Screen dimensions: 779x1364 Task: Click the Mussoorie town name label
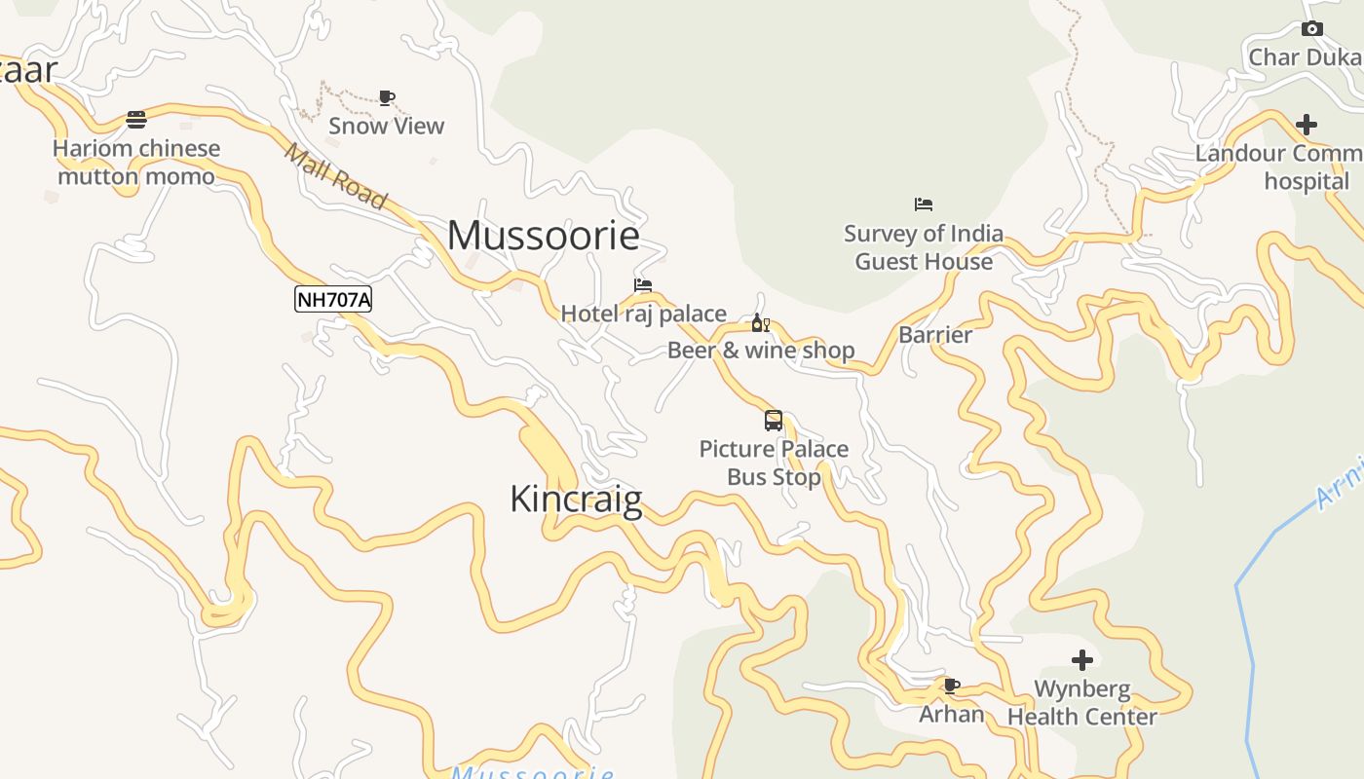click(x=544, y=236)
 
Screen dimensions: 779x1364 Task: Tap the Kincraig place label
click(x=576, y=500)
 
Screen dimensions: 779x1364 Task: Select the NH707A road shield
click(x=333, y=299)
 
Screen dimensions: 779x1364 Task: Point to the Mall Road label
click(x=335, y=175)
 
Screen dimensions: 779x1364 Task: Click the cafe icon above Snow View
click(x=387, y=97)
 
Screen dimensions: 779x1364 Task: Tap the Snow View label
click(x=386, y=126)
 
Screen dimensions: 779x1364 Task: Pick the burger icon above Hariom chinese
click(x=136, y=120)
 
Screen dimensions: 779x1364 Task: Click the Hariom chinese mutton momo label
click(x=136, y=163)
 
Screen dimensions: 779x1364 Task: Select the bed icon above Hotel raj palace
click(x=643, y=285)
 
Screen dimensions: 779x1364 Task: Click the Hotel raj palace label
click(x=643, y=314)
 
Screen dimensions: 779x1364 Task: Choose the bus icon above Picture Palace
click(x=774, y=421)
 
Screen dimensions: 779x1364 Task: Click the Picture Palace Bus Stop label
click(x=774, y=463)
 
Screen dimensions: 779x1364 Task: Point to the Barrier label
click(x=935, y=335)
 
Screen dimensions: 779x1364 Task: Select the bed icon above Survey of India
click(x=924, y=204)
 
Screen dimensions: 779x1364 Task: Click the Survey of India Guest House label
click(x=924, y=247)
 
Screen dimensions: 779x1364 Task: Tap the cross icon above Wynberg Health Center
click(x=1082, y=660)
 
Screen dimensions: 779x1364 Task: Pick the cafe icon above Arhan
click(x=952, y=686)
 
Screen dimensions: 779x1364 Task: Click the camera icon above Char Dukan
click(x=1312, y=29)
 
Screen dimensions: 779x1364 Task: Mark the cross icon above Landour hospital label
click(x=1307, y=125)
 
